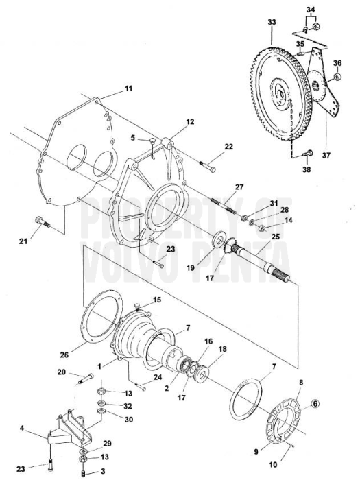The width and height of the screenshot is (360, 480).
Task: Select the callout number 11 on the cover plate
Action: tap(128, 89)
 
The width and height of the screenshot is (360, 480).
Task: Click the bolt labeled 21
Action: tap(38, 221)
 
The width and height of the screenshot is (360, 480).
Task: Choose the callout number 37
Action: tap(326, 155)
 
